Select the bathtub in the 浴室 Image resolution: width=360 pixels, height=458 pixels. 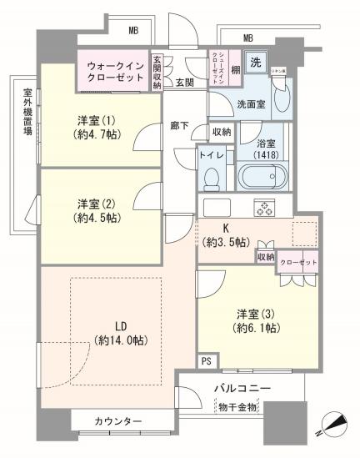(262, 177)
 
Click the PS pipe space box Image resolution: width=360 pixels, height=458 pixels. (206, 360)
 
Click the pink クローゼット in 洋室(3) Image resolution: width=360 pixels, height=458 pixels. (297, 260)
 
